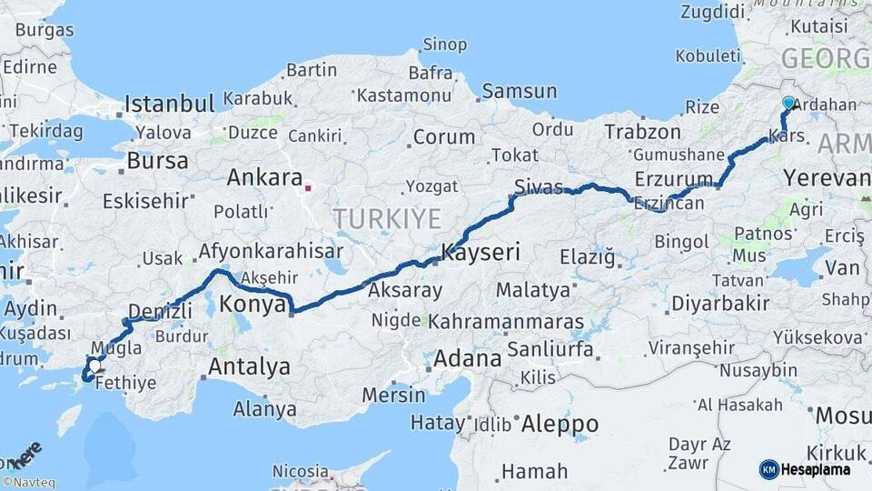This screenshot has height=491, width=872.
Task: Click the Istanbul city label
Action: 169,103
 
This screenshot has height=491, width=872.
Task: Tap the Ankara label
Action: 263,177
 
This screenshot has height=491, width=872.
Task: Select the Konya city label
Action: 253,305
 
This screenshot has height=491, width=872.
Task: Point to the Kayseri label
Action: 481,252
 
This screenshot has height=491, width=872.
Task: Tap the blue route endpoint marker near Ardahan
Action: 788,105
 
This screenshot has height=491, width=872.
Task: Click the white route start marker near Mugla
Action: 94,366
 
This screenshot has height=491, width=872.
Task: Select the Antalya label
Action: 249,367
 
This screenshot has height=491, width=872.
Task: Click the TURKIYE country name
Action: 386,219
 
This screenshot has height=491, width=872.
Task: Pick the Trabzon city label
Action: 642,132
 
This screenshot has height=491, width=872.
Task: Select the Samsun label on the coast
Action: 519,91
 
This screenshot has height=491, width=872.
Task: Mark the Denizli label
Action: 160,311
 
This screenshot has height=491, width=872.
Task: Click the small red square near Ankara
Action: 308,189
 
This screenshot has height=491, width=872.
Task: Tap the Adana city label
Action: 467,358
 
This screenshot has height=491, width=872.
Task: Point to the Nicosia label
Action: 300,471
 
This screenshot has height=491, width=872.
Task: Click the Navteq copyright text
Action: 28,483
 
